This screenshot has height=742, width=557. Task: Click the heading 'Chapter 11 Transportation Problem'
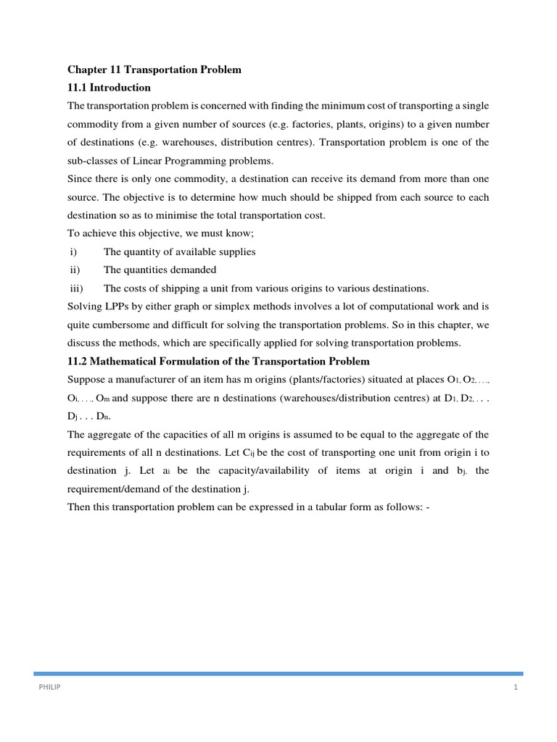pos(154,70)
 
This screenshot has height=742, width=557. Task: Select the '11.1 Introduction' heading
pos(109,88)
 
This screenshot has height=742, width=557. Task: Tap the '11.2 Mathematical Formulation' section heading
pos(218,361)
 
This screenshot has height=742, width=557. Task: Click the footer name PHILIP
pos(49,688)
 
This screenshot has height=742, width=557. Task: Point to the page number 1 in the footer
pos(516,688)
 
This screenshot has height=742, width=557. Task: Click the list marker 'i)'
pos(72,251)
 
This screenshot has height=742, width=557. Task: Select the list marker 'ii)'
pos(73,270)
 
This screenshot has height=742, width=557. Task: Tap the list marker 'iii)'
pos(75,288)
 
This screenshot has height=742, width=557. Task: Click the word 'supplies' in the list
pos(236,251)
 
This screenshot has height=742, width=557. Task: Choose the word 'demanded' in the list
pos(195,270)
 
